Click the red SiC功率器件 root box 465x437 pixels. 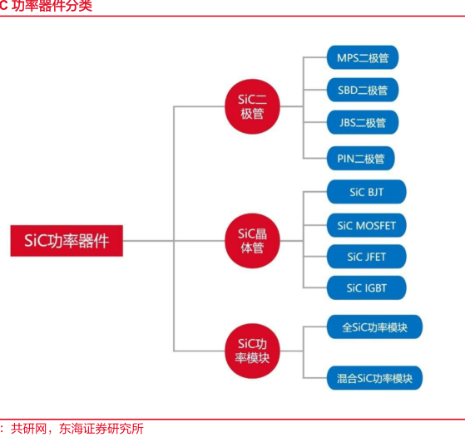pos(67,241)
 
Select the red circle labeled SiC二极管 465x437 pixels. pos(252,106)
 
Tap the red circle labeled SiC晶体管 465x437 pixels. pos(252,241)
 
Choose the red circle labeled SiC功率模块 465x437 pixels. pos(252,351)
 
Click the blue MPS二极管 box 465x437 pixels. pos(363,57)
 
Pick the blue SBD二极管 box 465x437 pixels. pos(363,90)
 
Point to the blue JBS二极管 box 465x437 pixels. pos(363,122)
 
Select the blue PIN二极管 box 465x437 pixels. pos(361,158)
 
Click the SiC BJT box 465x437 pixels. pos(367,192)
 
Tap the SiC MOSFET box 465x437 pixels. pos(367,225)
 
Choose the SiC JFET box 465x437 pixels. pos(367,257)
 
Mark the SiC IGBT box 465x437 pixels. pos(367,287)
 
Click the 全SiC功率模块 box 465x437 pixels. pos(374,327)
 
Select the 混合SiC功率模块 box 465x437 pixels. pos(374,378)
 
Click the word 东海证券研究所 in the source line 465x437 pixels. pos(101,429)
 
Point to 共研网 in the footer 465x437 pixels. pos(29,429)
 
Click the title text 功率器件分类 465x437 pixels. pos(52,6)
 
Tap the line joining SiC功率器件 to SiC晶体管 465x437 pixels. pos(174,241)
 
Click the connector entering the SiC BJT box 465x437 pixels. pos(315,192)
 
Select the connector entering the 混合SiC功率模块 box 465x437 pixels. pos(315,378)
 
